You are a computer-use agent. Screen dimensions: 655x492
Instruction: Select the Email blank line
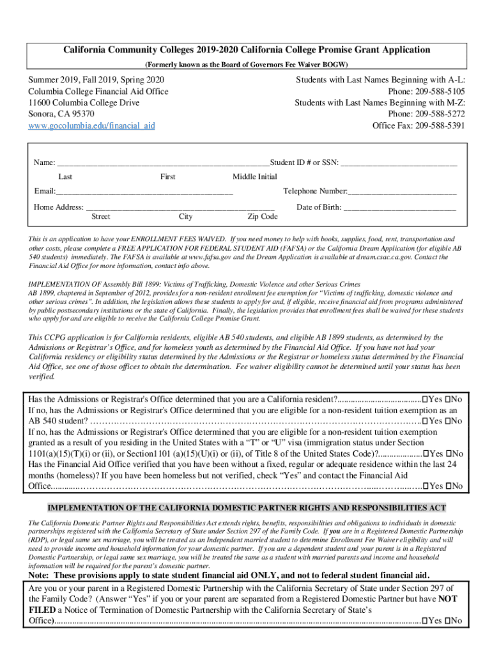[x=144, y=191]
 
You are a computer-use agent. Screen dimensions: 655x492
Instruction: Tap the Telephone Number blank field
[x=402, y=191]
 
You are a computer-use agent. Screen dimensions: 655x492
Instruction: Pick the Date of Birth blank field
[x=400, y=207]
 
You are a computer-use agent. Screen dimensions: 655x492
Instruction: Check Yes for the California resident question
[x=426, y=400]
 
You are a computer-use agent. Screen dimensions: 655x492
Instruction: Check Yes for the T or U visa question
[x=426, y=454]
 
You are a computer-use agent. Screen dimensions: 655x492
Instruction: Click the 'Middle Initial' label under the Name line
[x=254, y=177]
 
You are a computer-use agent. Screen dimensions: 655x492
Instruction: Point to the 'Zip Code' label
[x=263, y=217]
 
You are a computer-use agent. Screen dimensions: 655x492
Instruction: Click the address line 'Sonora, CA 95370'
[x=61, y=114]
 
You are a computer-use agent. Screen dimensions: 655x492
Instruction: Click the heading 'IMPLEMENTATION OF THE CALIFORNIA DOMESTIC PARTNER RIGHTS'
[x=246, y=508]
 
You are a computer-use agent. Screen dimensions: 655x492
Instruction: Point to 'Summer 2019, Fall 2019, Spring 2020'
[x=96, y=79]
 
